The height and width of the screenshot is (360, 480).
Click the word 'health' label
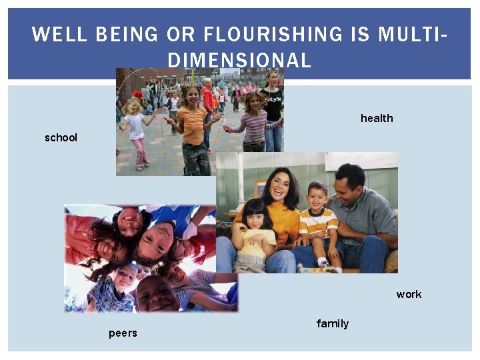coord(377,118)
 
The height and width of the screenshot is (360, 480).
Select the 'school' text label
coord(61,137)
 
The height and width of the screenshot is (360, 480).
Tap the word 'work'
coord(409,294)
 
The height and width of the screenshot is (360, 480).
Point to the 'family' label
coord(332,323)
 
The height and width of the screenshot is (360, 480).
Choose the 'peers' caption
coord(123,333)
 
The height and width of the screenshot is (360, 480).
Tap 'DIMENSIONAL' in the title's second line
coord(239,61)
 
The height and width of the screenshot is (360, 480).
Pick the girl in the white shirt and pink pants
coord(137,133)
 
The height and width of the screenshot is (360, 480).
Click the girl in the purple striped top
coord(255,123)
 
